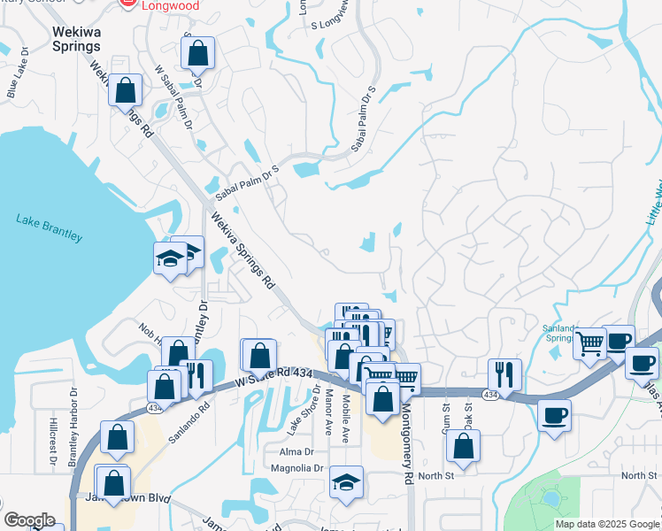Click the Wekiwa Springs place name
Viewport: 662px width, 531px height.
tap(77, 38)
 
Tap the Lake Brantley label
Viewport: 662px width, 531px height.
tap(50, 228)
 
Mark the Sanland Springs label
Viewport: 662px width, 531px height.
tap(560, 333)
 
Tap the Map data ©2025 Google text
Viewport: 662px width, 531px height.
tap(606, 524)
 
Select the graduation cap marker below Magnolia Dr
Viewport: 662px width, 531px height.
tap(346, 482)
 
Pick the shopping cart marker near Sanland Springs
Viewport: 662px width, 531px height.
tap(590, 342)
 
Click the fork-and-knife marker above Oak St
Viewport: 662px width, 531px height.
tap(504, 373)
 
